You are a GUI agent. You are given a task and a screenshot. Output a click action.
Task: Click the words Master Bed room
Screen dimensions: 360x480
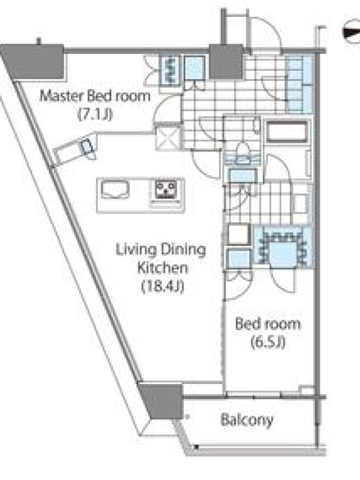[x=95, y=96]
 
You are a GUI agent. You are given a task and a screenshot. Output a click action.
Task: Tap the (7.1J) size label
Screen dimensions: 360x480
[x=95, y=115]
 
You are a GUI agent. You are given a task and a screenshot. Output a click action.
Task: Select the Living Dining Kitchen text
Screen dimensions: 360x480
[x=161, y=259]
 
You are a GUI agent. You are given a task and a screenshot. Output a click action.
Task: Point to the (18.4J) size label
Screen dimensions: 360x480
[x=163, y=287]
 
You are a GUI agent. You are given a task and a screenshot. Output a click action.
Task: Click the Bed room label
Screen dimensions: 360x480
[x=268, y=324]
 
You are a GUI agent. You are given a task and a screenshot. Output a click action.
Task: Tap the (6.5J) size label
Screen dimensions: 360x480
[x=268, y=342]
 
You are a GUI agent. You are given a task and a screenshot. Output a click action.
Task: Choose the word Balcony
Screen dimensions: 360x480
[x=247, y=420]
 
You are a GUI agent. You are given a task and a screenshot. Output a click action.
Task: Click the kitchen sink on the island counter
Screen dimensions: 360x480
[x=115, y=190]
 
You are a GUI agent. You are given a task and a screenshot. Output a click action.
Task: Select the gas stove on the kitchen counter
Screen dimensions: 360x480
[x=166, y=191]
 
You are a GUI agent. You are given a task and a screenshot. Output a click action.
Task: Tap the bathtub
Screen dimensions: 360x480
[x=287, y=131]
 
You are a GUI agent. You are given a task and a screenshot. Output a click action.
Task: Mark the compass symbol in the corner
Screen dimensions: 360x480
[x=352, y=32]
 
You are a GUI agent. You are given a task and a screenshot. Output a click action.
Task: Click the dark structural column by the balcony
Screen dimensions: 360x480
[x=161, y=400]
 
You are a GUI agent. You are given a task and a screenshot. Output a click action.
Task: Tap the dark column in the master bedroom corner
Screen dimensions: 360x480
[x=34, y=62]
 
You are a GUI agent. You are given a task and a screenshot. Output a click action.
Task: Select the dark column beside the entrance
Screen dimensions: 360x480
[x=226, y=62]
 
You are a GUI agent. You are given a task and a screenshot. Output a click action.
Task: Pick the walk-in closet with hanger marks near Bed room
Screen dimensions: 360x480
[x=283, y=248]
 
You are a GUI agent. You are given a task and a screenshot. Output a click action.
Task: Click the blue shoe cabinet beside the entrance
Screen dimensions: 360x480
[x=299, y=83]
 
